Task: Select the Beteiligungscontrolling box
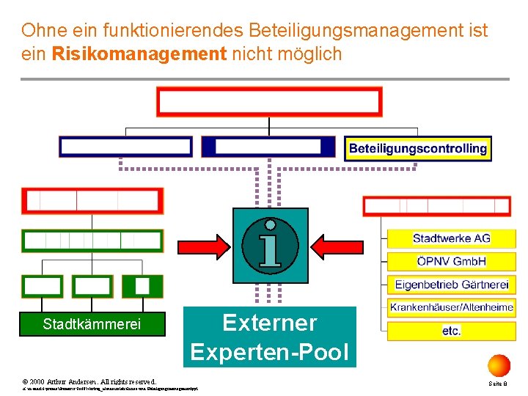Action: [x=417, y=148]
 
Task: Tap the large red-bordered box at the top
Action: [x=269, y=102]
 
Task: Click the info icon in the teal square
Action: [x=270, y=245]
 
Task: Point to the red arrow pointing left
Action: [x=337, y=243]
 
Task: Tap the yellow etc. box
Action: [x=451, y=331]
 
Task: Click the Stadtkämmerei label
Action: [x=92, y=324]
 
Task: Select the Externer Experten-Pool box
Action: [x=269, y=337]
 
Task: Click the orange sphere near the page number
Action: [x=499, y=365]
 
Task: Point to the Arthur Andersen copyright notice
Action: [x=89, y=382]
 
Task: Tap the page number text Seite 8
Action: [x=499, y=384]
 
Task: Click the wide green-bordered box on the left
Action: [x=92, y=241]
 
